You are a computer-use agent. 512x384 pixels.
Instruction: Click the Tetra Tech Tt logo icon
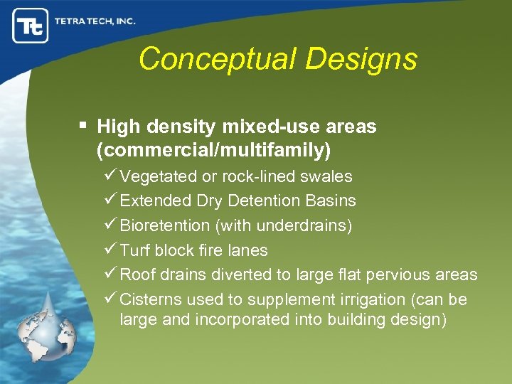(30, 26)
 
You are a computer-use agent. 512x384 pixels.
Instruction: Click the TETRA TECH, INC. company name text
(95, 21)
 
